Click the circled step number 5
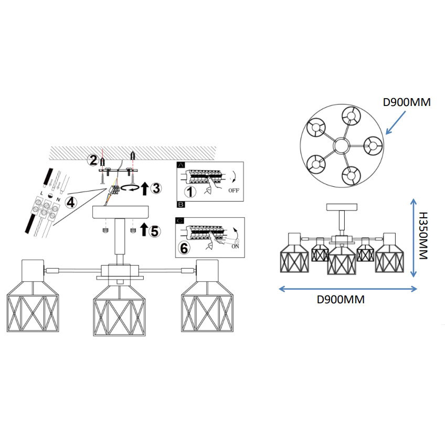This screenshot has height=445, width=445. point(154,230)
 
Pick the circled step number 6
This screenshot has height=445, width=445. point(184,248)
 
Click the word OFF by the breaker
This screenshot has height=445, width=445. point(234,191)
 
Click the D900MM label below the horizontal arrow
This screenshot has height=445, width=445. point(341,300)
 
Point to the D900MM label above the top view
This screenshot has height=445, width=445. point(407,102)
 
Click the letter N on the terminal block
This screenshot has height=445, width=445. point(58,200)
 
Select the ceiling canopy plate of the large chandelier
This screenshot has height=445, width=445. point(121,213)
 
